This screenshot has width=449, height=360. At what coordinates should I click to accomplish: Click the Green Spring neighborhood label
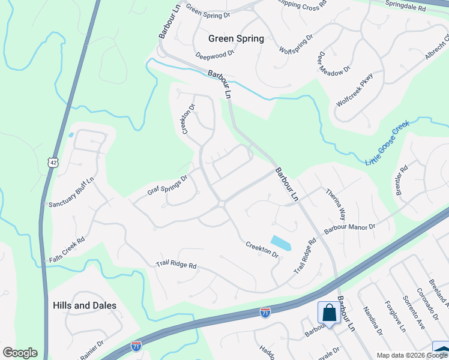click(x=236, y=38)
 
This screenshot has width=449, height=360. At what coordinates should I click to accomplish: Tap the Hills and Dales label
click(x=85, y=305)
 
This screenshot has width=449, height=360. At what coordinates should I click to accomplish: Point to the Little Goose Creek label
click(x=387, y=143)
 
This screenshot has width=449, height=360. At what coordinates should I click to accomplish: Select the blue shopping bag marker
click(x=328, y=313)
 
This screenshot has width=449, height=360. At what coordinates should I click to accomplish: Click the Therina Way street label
click(x=336, y=204)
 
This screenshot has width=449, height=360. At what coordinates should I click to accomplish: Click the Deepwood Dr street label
click(x=214, y=55)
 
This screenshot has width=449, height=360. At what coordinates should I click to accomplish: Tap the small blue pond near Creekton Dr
click(x=280, y=242)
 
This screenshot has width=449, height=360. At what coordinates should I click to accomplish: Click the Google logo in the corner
click(x=20, y=353)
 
